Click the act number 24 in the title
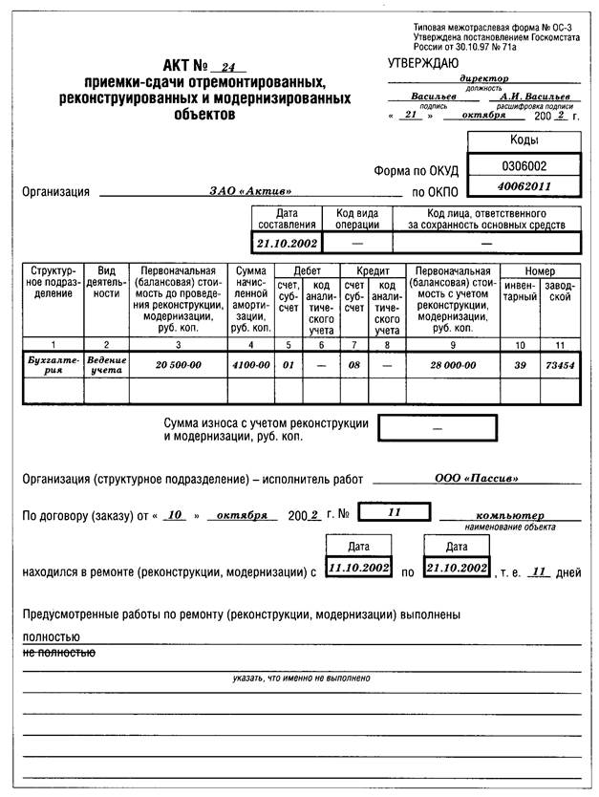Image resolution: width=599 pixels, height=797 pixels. pyautogui.click(x=226, y=68)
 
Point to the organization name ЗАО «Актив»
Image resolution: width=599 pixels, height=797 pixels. pyautogui.click(x=250, y=191)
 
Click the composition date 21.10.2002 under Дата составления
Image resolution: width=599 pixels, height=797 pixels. pyautogui.click(x=286, y=243)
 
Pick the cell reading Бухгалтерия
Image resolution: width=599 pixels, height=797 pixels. pyautogui.click(x=50, y=363)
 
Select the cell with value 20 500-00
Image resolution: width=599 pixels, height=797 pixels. pyautogui.click(x=177, y=364)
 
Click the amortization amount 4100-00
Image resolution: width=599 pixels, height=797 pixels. pyautogui.click(x=250, y=364)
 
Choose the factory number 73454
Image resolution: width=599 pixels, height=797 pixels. pyautogui.click(x=559, y=364)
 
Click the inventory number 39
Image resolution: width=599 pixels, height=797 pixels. pyautogui.click(x=520, y=364)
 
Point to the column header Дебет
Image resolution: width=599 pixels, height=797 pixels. pyautogui.click(x=307, y=271)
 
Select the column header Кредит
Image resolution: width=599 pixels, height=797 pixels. pyautogui.click(x=373, y=271)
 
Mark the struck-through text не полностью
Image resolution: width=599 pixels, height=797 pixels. pyautogui.click(x=58, y=653)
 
